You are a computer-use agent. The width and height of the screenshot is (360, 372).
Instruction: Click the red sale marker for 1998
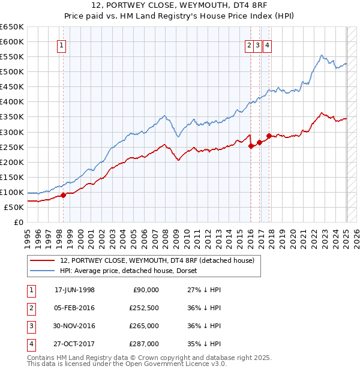[x=63, y=195]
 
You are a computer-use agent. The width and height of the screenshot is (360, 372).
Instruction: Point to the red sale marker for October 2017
[x=269, y=136]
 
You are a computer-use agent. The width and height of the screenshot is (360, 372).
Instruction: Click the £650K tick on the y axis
[x=12, y=27]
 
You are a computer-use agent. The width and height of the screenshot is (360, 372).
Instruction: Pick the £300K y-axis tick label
[x=12, y=132]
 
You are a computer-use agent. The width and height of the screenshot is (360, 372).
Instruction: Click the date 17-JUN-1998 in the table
[x=74, y=290]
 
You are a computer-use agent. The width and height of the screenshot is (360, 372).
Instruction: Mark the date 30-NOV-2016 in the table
[x=74, y=326]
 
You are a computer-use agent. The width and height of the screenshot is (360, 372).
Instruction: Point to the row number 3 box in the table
[x=31, y=326]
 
